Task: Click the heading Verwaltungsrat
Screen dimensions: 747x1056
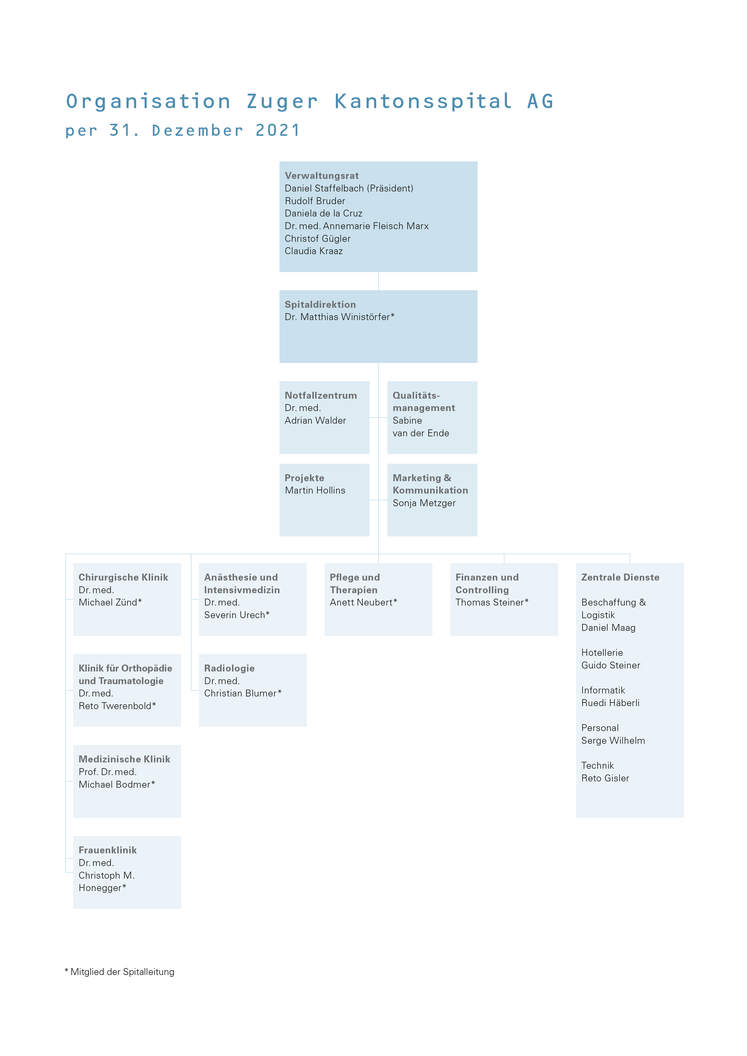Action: coord(321,176)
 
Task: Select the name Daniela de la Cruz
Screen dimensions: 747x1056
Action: coord(323,213)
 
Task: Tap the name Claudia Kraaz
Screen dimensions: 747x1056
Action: coord(314,251)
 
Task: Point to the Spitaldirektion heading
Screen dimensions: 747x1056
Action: coord(320,304)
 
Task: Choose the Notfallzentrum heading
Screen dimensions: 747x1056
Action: coord(320,396)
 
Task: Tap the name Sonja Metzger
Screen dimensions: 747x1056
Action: coord(424,503)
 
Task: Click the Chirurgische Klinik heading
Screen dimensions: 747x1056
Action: coord(123,577)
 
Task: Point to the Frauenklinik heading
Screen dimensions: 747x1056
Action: coord(108,850)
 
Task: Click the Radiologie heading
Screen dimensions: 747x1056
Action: coord(230,668)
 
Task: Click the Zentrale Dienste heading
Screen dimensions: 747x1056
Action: coord(620,577)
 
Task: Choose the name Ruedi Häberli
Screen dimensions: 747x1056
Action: coord(610,703)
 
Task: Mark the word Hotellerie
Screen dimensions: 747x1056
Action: coord(602,653)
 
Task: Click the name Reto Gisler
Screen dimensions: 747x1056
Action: coord(605,778)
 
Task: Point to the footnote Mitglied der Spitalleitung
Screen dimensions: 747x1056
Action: coord(122,972)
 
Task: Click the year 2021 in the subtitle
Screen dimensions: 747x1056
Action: coord(278,131)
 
